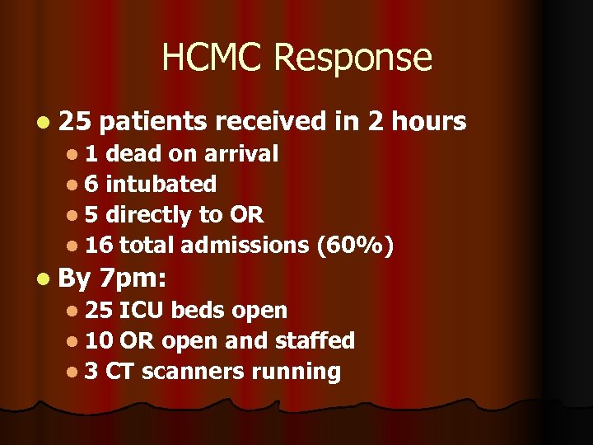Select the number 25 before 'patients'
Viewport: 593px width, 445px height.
(x=75, y=122)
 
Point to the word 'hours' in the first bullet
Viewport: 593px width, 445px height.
(x=428, y=122)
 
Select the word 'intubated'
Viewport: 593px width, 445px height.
(x=161, y=184)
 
